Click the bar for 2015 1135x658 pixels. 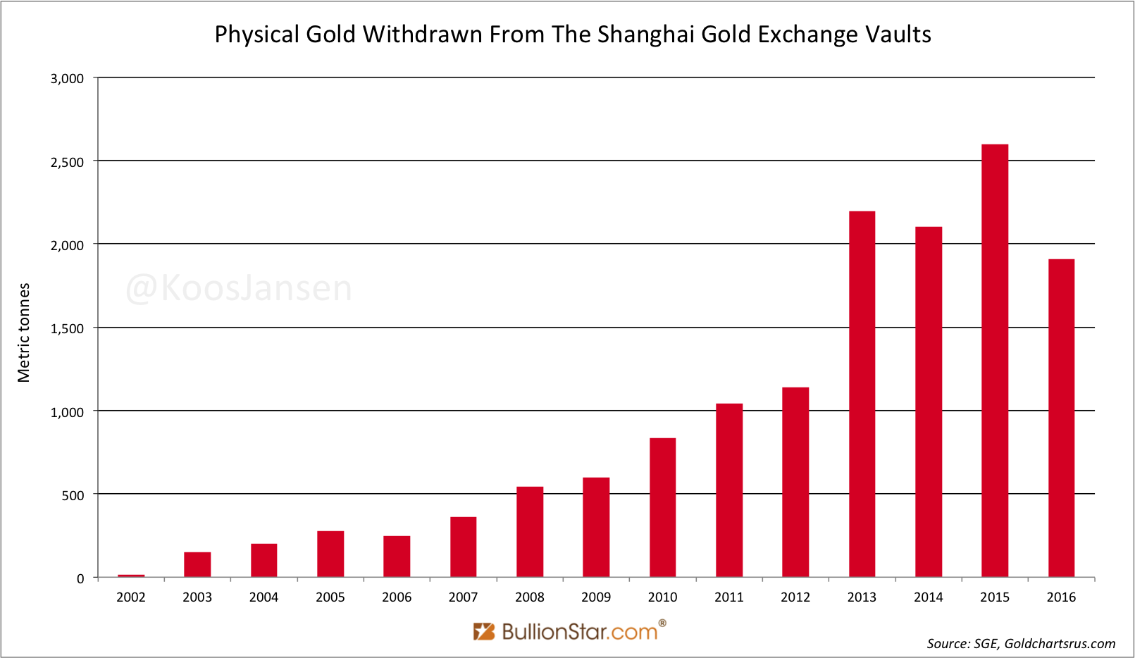(x=995, y=361)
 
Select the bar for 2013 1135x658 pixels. (x=862, y=394)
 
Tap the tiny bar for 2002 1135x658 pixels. (x=131, y=576)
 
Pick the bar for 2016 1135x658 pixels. (x=1061, y=418)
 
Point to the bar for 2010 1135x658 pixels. (x=662, y=507)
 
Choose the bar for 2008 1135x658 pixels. (x=530, y=532)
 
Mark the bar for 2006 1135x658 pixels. (x=397, y=557)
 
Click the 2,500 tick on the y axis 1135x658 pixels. (x=67, y=162)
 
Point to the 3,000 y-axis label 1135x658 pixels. (x=67, y=79)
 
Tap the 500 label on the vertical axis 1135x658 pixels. (x=73, y=495)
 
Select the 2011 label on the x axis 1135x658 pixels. (x=728, y=597)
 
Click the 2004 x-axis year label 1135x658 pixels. (x=263, y=597)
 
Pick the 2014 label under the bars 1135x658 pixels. (x=928, y=597)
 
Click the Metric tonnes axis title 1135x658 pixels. (x=24, y=333)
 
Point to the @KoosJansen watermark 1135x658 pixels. (x=239, y=289)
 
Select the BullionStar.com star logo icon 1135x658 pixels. (x=484, y=631)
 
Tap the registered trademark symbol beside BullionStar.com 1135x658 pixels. (x=662, y=623)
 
